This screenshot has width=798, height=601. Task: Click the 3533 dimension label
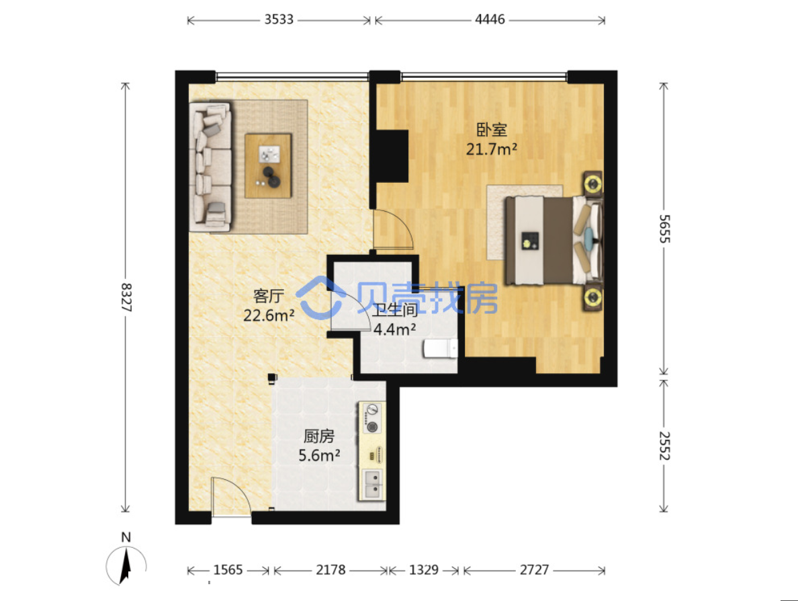279,19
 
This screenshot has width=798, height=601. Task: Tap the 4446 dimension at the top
490,19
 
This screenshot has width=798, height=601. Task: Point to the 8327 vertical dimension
126,297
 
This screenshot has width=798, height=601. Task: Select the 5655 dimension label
664,229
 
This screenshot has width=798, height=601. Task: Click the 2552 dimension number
664,446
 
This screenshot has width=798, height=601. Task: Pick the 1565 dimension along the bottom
228,569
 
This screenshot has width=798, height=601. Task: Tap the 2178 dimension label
330,569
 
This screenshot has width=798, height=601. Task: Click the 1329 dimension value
424,569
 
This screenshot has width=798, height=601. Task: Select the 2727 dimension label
535,569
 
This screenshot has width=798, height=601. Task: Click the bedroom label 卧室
492,129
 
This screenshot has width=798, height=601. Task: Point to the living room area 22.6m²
269,316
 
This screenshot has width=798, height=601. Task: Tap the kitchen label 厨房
319,436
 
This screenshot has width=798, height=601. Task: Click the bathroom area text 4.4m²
395,329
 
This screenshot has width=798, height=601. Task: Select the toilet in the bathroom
441,349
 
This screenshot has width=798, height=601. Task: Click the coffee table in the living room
268,165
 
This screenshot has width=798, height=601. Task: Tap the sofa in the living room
210,166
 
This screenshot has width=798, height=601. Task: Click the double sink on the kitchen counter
373,484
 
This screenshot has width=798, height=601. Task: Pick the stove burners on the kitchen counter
373,418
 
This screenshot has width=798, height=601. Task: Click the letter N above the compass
126,537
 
